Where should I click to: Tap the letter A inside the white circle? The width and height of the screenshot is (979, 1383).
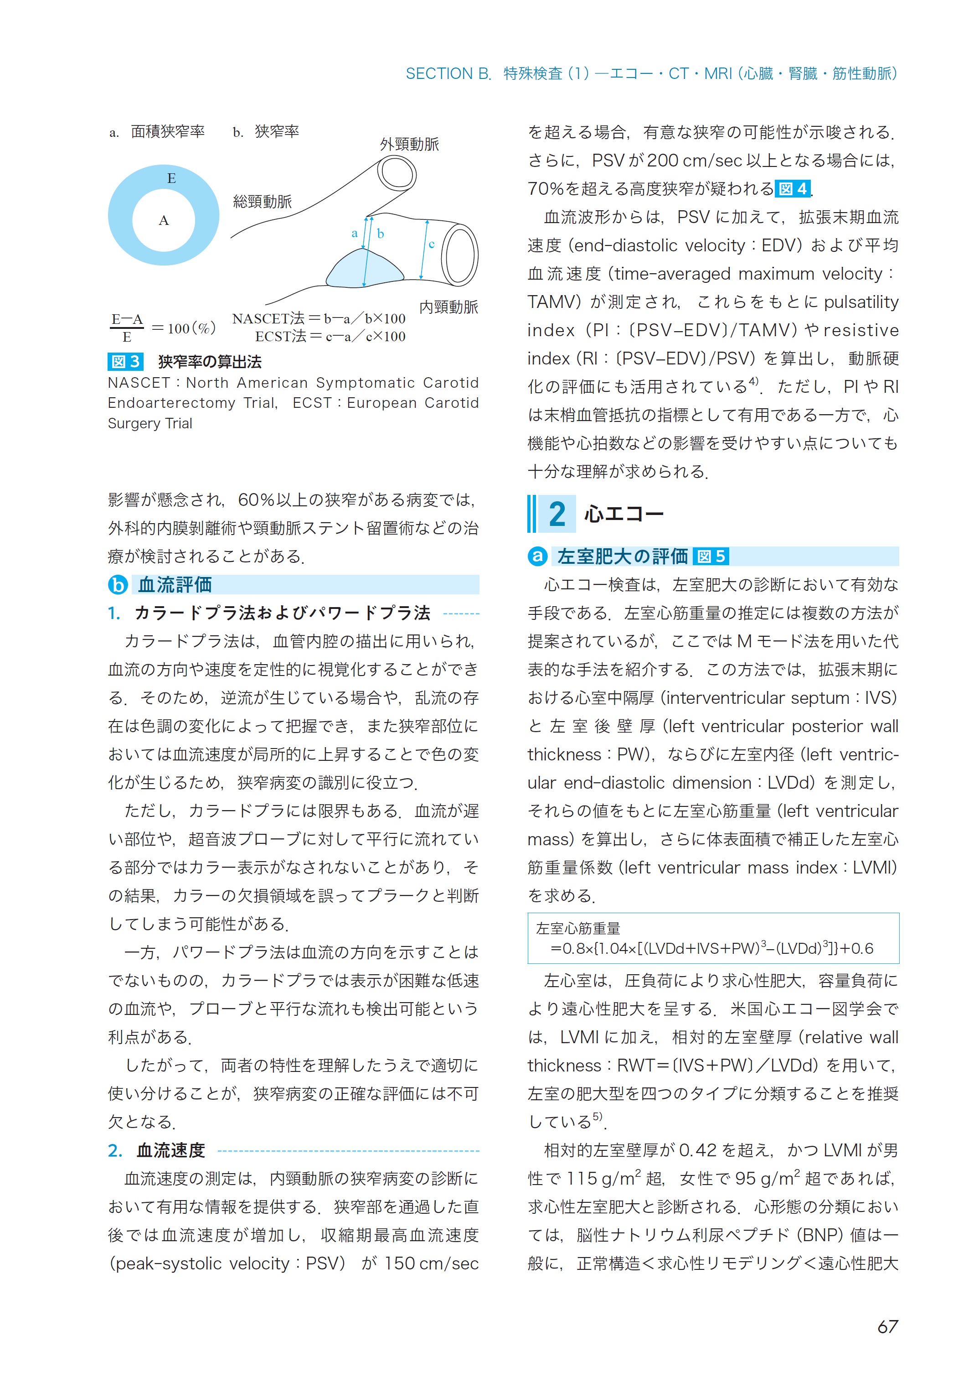point(163,221)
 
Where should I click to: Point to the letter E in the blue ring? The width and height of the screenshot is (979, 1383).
point(171,178)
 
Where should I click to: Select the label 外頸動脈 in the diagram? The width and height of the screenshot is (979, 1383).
point(409,144)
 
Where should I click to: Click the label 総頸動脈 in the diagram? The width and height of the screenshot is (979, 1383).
point(262,202)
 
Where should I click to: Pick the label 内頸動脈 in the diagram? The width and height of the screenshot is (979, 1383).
point(448,307)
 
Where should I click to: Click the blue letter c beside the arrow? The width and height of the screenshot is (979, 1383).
point(432,244)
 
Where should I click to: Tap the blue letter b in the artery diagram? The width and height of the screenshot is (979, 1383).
point(381,234)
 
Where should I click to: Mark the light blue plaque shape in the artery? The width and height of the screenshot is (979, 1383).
point(364,270)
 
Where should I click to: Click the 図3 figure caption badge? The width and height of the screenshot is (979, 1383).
point(125,361)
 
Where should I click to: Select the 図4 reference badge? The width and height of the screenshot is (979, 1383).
point(792,189)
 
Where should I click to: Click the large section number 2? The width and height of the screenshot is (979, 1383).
point(556,515)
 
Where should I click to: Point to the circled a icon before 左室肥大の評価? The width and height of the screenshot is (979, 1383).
point(537,556)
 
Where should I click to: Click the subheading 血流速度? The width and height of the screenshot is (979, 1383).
point(170,1150)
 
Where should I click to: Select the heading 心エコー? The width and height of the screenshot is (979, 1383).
point(623,515)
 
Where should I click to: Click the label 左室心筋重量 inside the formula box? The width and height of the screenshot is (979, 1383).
point(577,928)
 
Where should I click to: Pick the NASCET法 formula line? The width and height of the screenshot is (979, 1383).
point(319,318)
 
